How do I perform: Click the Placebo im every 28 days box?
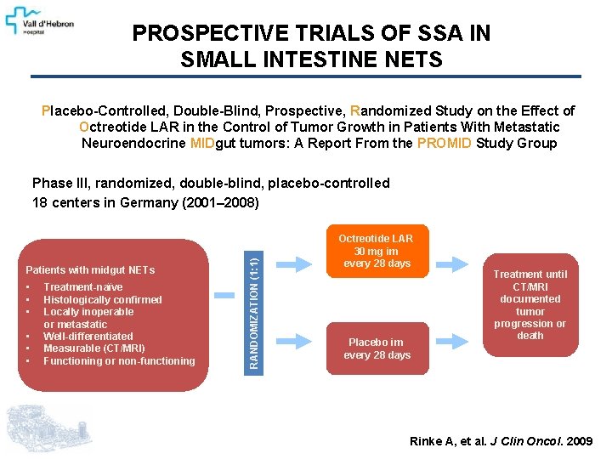click(x=377, y=348)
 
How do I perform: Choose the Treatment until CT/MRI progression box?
click(x=530, y=303)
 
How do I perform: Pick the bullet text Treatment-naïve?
click(x=82, y=287)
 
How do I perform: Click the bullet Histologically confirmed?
click(x=102, y=299)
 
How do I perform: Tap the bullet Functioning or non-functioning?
click(x=119, y=361)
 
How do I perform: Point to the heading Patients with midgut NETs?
click(x=91, y=270)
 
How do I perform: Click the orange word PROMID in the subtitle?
click(x=445, y=143)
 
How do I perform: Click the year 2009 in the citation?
click(x=580, y=441)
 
